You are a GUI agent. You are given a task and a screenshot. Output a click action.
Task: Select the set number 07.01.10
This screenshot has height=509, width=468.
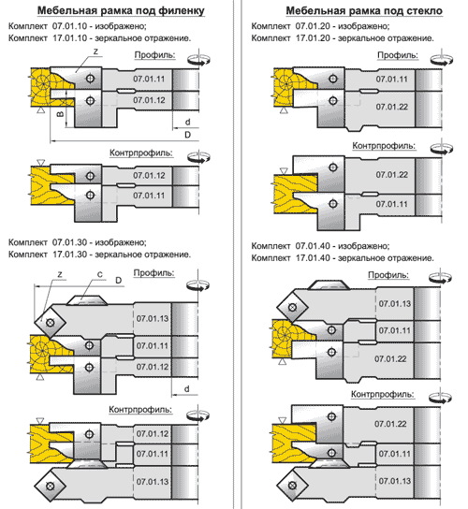click(x=70, y=26)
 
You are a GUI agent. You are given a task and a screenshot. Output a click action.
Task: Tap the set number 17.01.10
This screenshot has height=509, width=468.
click(x=70, y=38)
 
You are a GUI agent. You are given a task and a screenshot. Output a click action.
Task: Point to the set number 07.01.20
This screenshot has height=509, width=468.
click(x=313, y=26)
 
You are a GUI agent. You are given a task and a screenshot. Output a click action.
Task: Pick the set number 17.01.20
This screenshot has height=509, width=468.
click(x=313, y=38)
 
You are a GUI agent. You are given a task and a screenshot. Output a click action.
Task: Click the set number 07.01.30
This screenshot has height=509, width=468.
click(x=70, y=242)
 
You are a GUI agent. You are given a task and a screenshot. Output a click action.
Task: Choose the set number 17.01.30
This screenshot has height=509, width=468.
click(x=70, y=254)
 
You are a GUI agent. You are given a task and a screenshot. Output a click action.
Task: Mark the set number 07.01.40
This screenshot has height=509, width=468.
click(x=313, y=246)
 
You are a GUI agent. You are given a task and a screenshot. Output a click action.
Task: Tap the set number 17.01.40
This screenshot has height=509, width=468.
click(x=313, y=258)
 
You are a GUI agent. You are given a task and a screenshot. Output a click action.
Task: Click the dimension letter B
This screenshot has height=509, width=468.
click(x=60, y=114)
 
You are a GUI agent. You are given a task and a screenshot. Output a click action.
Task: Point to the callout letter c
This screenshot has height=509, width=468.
click(x=100, y=275)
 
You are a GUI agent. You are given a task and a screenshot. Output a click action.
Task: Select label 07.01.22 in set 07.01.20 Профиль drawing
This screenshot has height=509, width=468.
click(x=391, y=107)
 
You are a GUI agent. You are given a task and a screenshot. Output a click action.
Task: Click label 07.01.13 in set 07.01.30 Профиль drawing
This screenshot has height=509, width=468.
click(x=153, y=318)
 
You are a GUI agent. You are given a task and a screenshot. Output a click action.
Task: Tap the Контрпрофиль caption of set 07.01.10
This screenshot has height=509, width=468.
click(x=141, y=153)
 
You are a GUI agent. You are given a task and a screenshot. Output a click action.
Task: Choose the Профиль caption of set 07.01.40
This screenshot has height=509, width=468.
click(x=388, y=275)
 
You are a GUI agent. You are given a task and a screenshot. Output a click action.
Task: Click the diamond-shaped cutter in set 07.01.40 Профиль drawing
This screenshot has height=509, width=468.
click(x=292, y=307)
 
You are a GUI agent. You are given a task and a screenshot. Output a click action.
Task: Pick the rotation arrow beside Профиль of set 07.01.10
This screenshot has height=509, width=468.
click(x=198, y=60)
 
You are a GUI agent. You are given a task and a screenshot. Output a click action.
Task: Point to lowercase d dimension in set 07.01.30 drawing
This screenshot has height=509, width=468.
click(x=187, y=389)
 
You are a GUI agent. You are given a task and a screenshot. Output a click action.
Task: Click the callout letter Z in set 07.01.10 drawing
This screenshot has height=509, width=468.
click(x=95, y=51)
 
